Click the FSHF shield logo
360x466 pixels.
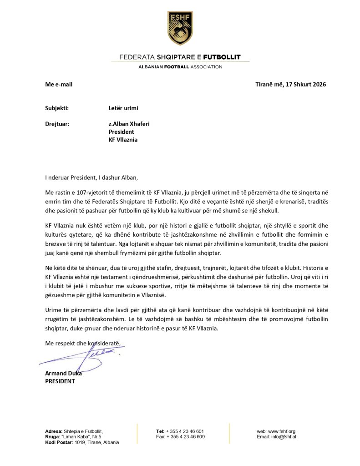click(180, 28)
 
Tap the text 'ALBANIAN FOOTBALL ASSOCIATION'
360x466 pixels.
click(180, 67)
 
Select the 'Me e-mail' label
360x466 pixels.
click(59, 84)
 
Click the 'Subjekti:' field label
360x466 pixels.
click(57, 108)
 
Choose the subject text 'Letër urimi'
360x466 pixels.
click(123, 108)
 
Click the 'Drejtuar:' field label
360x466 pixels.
click(57, 123)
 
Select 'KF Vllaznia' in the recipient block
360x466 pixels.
click(123, 140)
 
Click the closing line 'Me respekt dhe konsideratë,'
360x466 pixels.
click(83, 343)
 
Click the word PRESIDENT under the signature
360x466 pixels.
click(60, 381)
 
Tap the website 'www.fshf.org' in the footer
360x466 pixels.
click(282, 431)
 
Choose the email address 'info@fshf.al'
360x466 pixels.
click(284, 436)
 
